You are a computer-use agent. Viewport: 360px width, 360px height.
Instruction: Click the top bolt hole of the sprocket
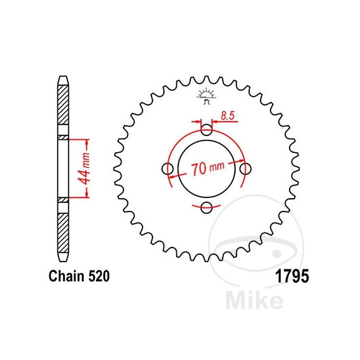tap(207, 131)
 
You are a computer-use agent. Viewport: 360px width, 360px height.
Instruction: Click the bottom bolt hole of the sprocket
tap(207, 208)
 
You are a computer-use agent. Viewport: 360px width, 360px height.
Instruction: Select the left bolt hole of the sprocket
tap(168, 169)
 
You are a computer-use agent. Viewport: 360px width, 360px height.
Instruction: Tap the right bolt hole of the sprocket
tap(245, 169)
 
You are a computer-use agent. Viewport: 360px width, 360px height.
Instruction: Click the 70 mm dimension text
tap(207, 169)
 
